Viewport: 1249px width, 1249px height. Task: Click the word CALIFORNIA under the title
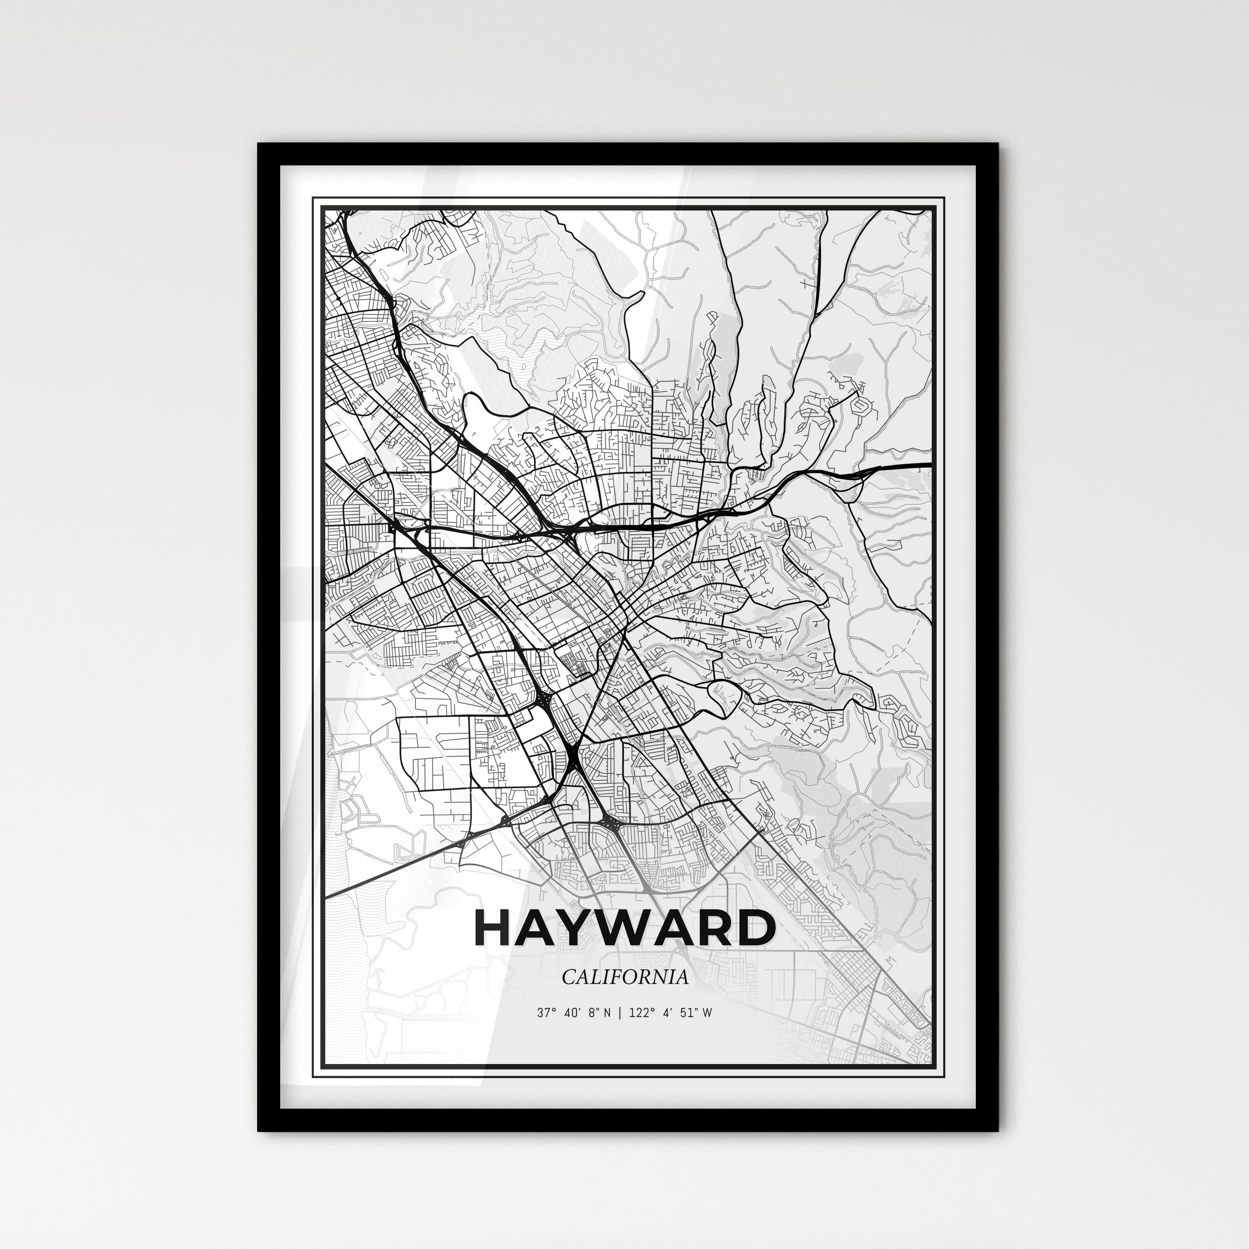click(x=624, y=977)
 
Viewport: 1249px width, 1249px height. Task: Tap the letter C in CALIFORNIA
click(x=567, y=977)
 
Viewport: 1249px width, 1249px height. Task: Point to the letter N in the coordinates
click(x=606, y=1012)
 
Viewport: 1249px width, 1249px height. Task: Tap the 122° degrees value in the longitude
click(x=636, y=1012)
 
